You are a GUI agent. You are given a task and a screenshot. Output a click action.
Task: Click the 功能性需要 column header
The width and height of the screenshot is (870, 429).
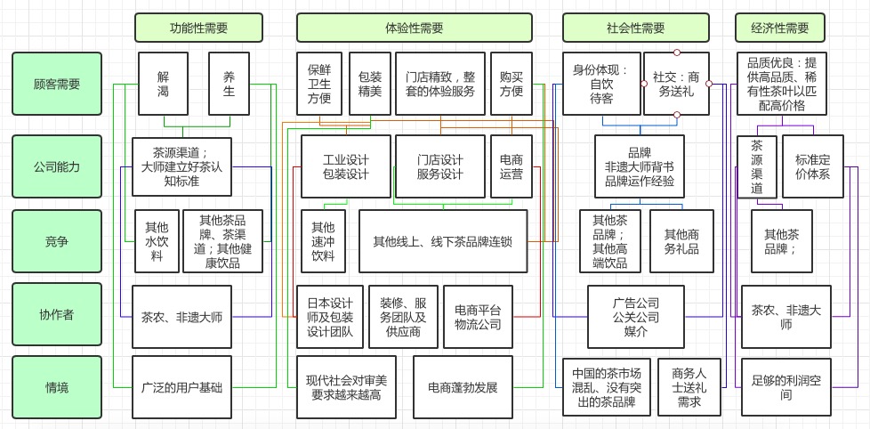coord(198,28)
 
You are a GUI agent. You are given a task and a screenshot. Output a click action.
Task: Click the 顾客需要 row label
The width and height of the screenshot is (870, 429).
coord(57,84)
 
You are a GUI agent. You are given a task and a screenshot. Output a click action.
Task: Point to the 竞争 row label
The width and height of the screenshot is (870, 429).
coord(57,240)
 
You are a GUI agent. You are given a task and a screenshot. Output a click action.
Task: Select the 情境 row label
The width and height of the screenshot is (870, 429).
coord(57,387)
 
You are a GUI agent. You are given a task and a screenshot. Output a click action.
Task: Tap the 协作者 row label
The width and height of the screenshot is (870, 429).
coord(57,313)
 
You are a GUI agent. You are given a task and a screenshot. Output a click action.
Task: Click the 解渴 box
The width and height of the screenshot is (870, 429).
coord(163,84)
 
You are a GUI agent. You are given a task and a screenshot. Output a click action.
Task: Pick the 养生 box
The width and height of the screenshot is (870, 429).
coord(230,84)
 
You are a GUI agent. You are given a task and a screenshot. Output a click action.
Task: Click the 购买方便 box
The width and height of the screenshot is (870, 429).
coord(512,84)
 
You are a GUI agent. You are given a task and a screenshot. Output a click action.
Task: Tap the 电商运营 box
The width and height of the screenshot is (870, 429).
coord(512,166)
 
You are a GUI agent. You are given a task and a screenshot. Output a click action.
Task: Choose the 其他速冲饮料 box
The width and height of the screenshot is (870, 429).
coord(323,240)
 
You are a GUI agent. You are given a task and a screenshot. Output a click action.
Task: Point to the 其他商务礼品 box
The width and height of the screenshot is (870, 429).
coord(681,240)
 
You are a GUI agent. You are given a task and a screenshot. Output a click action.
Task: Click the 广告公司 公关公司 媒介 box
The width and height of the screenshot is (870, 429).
coord(636,317)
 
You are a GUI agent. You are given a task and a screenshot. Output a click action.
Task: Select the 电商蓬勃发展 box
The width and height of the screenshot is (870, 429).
coord(463,387)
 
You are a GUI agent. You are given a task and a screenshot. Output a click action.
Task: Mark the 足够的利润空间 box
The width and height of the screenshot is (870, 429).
coord(786,387)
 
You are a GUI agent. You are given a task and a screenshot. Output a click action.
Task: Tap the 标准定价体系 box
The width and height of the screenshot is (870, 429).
coord(812,166)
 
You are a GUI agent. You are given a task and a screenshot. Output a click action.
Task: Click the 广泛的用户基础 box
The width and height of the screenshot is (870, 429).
coord(181,387)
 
